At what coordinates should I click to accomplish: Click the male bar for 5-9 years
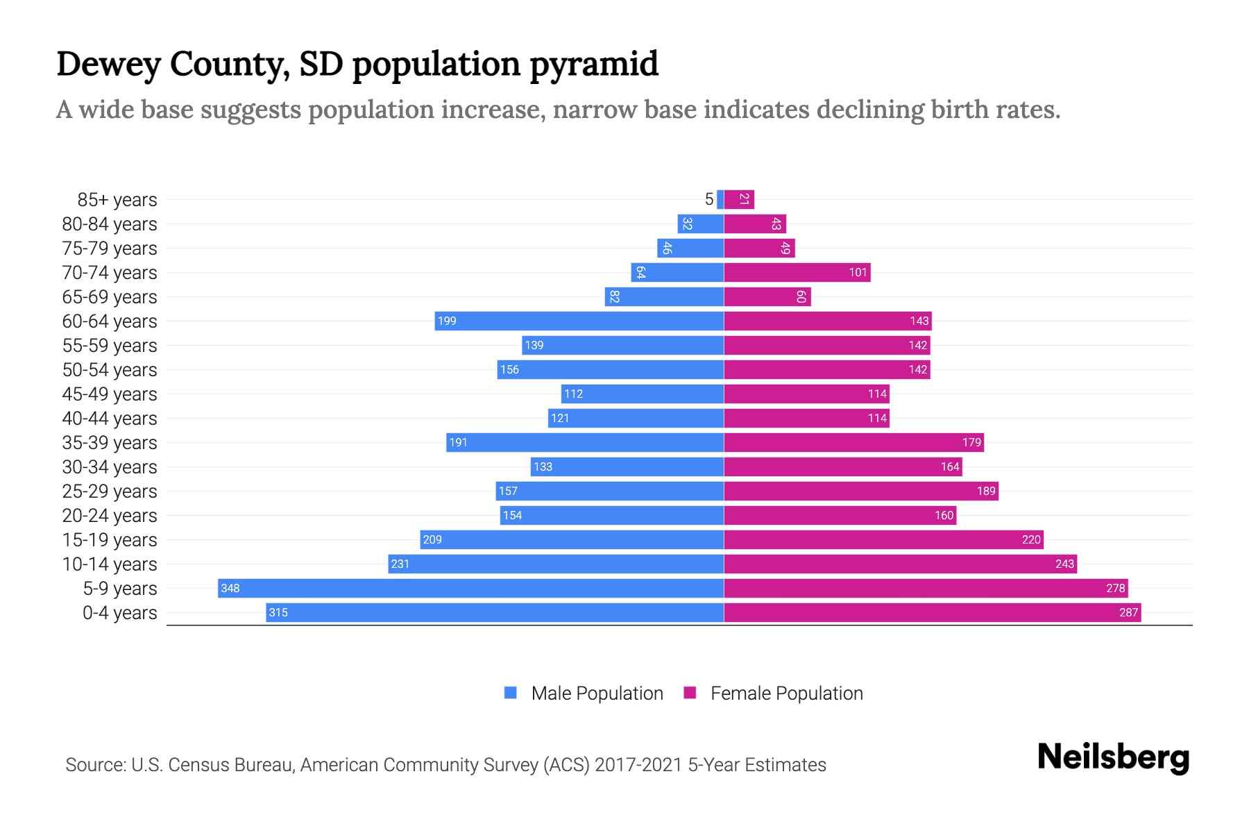470,588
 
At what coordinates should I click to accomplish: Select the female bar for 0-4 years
932,612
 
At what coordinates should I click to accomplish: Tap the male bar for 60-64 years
579,321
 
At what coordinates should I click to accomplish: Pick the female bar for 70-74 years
797,272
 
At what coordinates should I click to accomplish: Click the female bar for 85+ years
739,199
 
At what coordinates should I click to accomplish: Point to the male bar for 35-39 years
585,442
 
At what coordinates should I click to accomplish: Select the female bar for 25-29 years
860,491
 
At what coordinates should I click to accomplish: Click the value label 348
230,589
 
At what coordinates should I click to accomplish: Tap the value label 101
858,272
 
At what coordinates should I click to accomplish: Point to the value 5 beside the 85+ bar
708,199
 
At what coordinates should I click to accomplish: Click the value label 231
400,564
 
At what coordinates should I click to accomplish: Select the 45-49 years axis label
110,394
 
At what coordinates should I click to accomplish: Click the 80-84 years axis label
110,224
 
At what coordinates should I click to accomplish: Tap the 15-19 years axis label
110,539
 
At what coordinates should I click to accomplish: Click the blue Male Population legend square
511,693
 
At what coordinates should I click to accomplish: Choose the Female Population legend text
786,693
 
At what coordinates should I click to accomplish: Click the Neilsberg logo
1113,757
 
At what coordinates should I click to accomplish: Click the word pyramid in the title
593,64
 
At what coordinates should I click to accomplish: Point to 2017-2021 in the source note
638,764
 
